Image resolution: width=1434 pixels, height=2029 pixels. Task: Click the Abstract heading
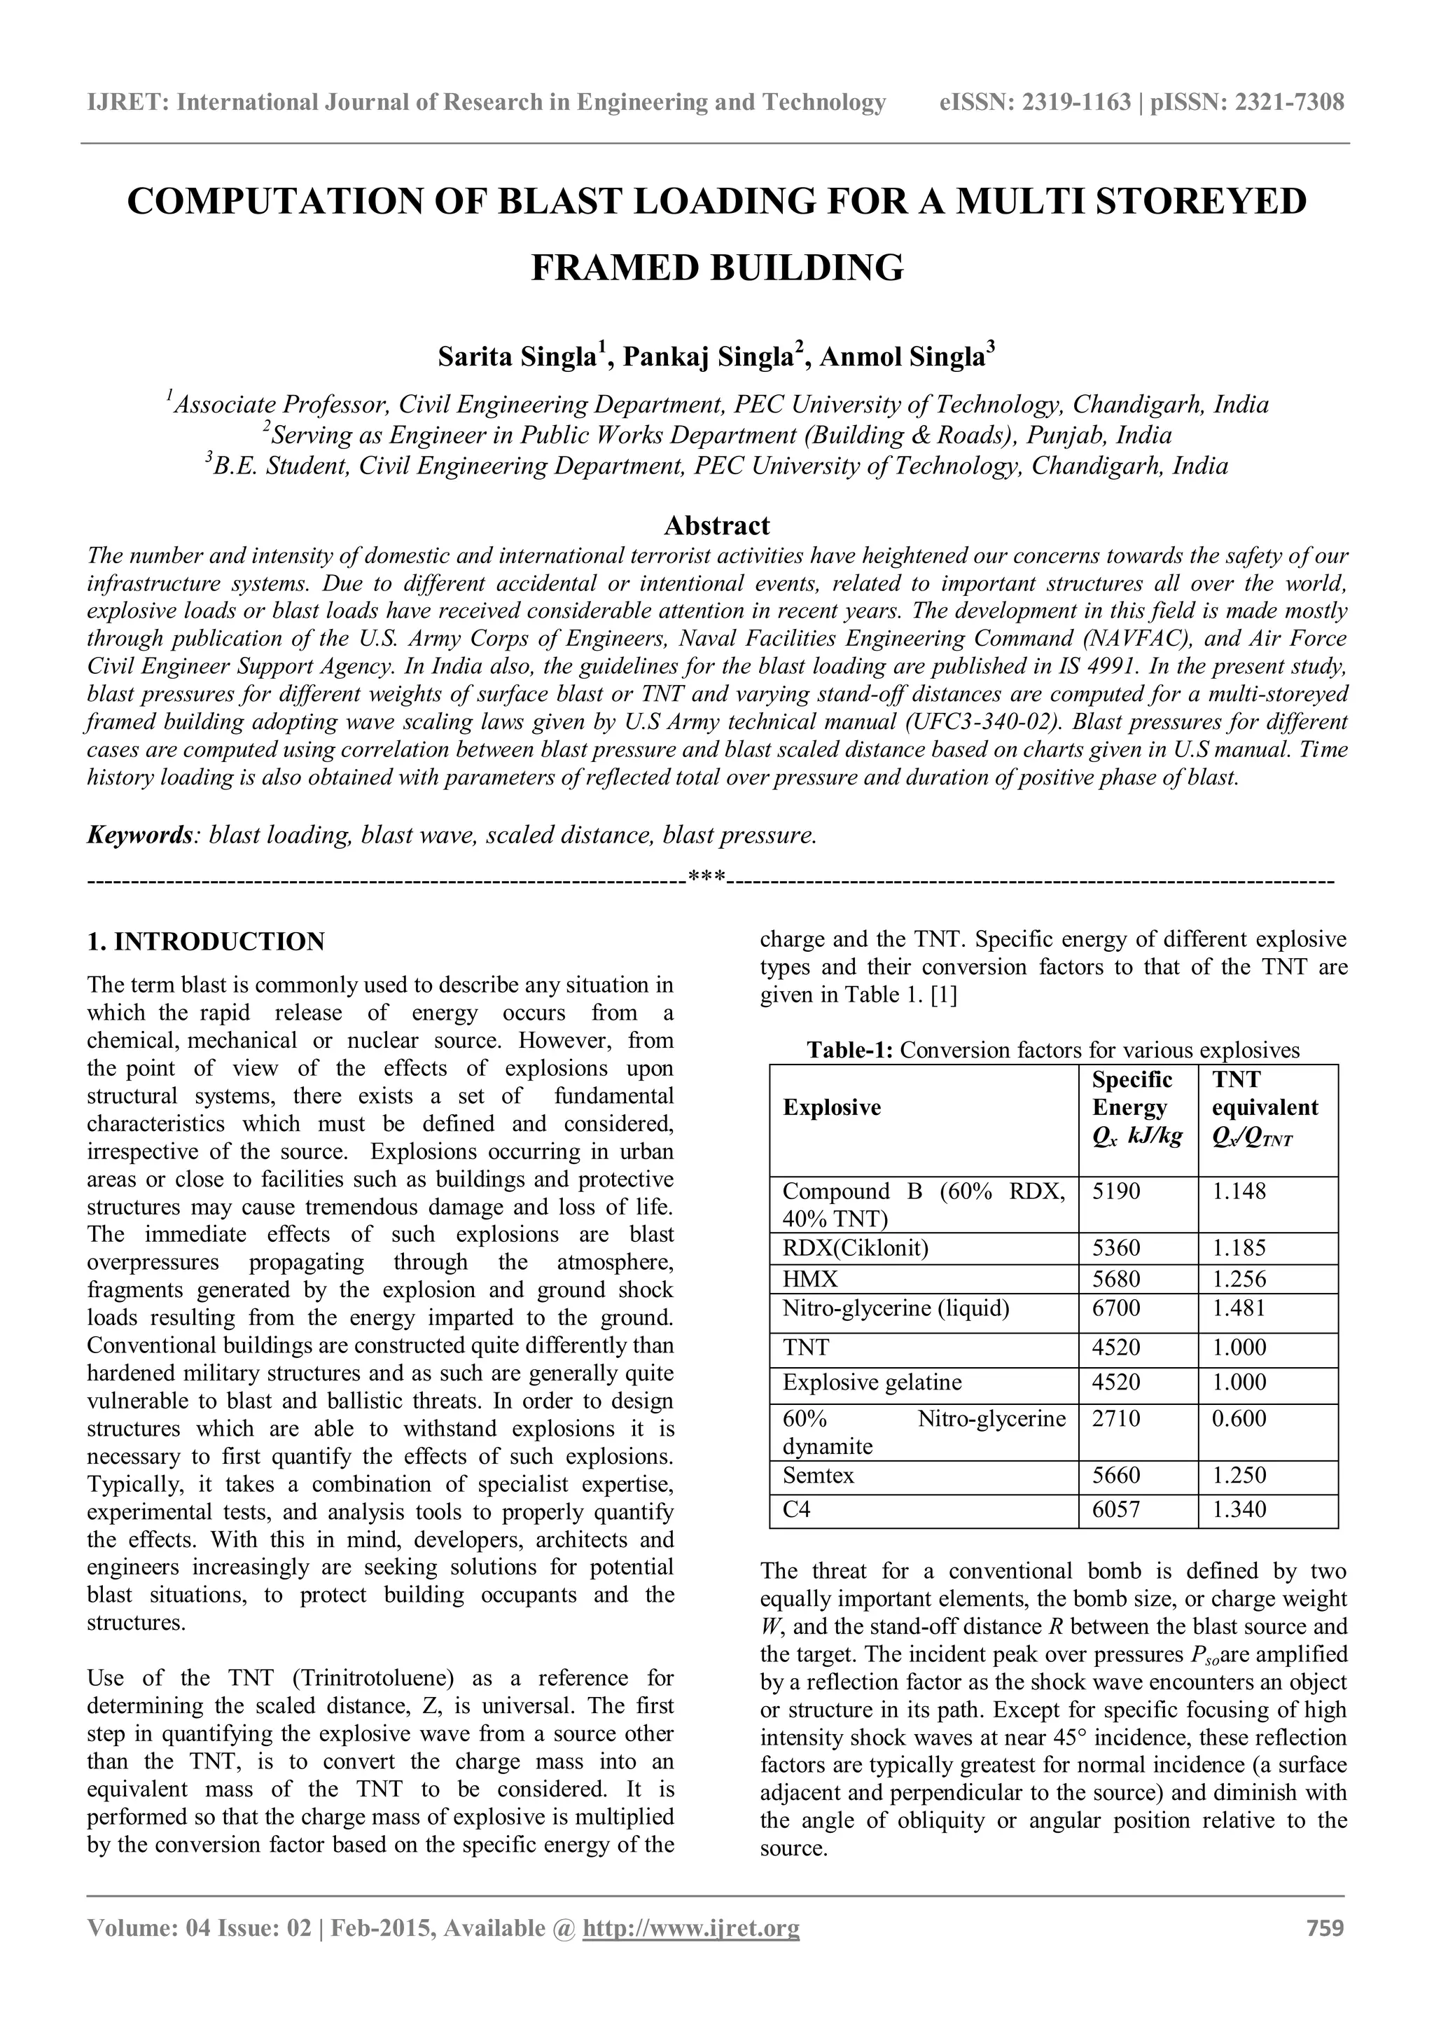tap(716, 526)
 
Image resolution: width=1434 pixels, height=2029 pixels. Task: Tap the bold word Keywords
tap(139, 834)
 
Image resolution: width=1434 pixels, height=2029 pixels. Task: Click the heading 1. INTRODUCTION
tap(206, 941)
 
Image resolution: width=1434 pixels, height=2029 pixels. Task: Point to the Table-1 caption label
tap(851, 1050)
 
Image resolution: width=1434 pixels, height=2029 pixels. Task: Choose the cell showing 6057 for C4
tap(1116, 1509)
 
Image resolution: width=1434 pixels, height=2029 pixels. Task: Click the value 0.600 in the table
tap(1239, 1418)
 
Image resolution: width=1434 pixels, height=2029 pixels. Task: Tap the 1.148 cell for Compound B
tap(1239, 1191)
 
